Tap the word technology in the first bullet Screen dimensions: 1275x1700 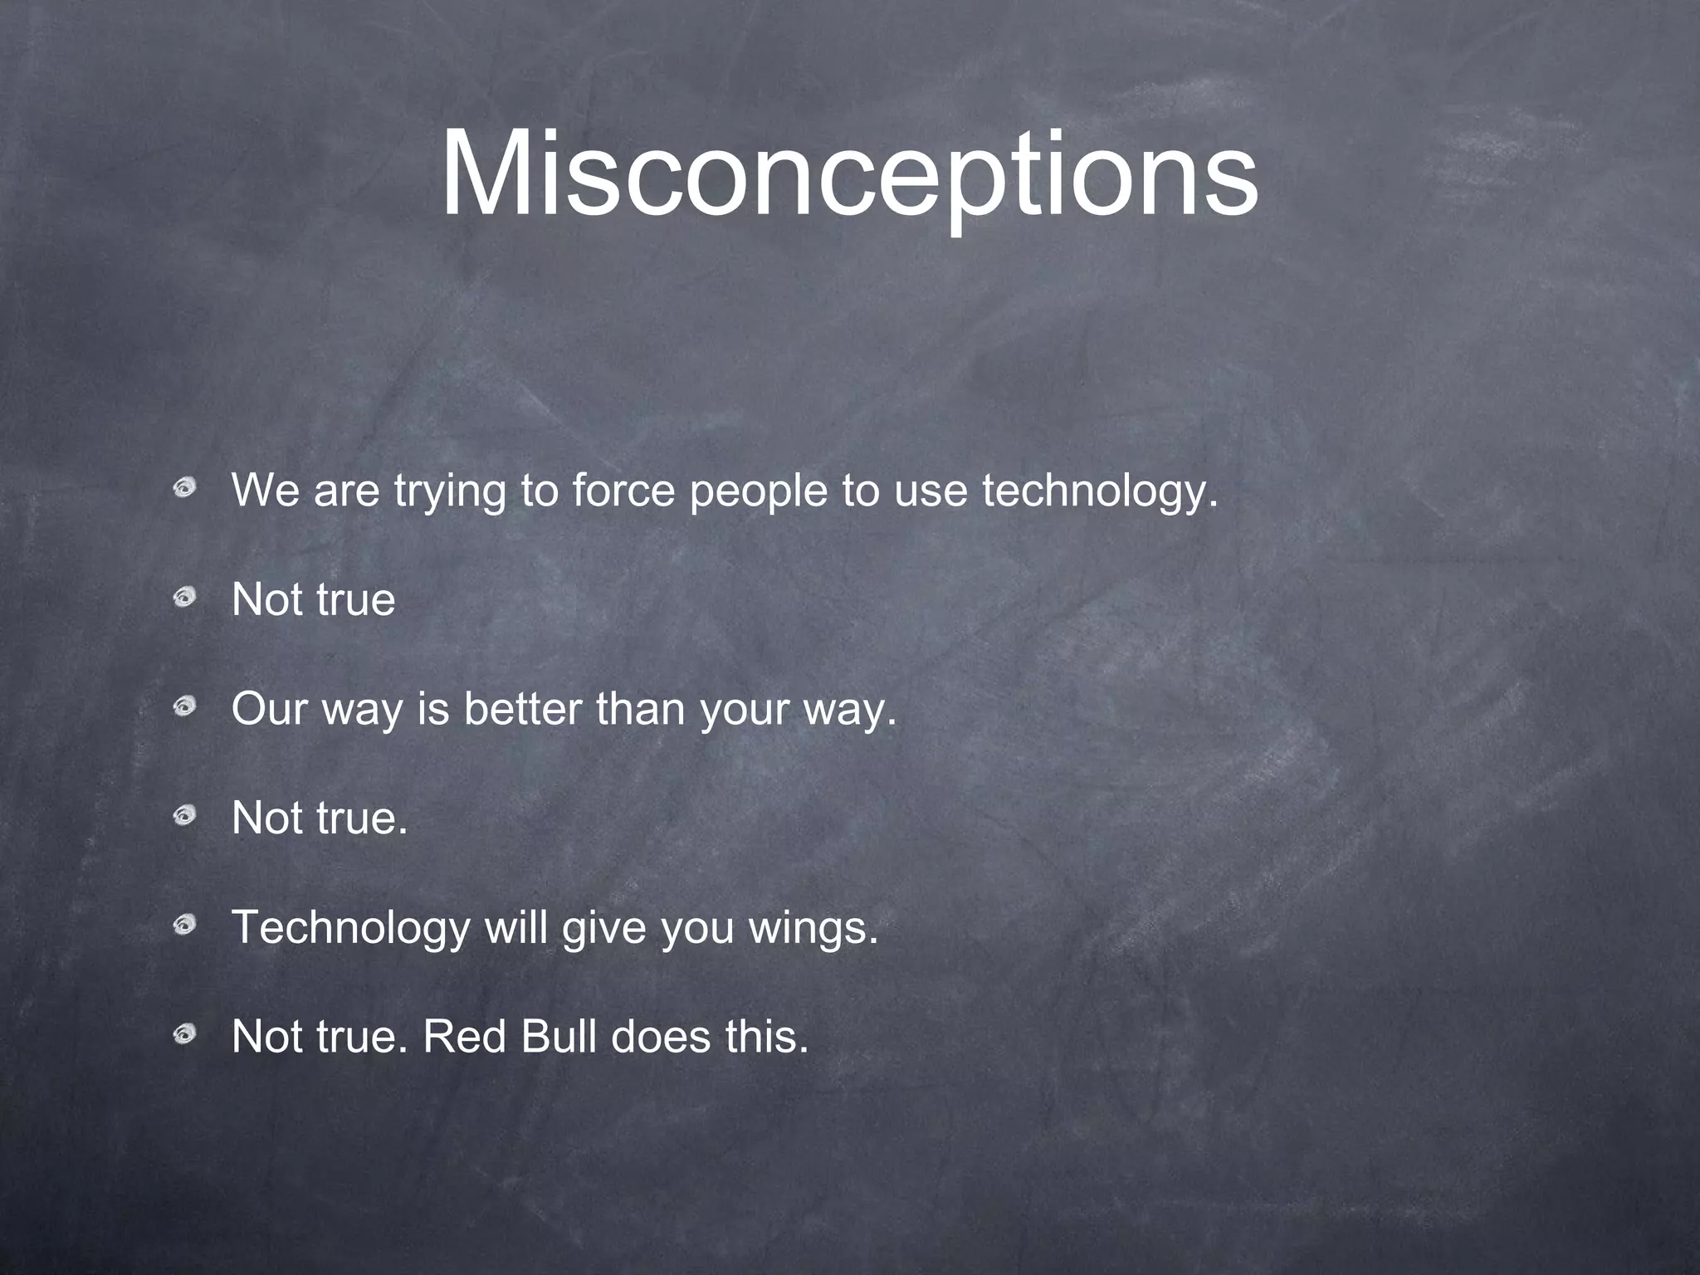pyautogui.click(x=1100, y=491)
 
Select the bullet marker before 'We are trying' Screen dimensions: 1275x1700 pyautogui.click(x=184, y=487)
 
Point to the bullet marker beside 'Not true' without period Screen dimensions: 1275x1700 pyautogui.click(x=184, y=597)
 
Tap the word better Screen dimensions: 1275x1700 pyautogui.click(x=522, y=709)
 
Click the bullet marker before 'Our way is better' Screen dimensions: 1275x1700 pyautogui.click(x=184, y=706)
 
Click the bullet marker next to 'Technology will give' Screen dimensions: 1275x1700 pyautogui.click(x=184, y=924)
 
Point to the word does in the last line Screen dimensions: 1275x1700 pyautogui.click(x=660, y=1036)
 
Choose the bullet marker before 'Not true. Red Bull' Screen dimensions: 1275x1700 pyautogui.click(x=184, y=1033)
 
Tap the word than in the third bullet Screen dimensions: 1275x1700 pyautogui.click(x=639, y=709)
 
